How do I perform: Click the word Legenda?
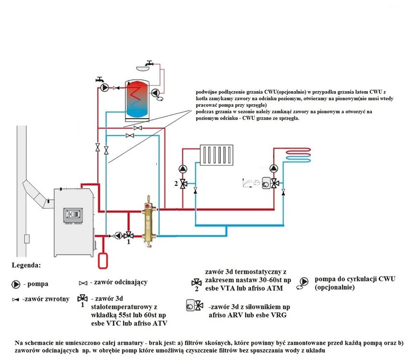pyautogui.click(x=26, y=265)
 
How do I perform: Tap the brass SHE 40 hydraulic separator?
pyautogui.click(x=149, y=222)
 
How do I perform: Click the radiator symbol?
pyautogui.click(x=216, y=155)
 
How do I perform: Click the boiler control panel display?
pyautogui.click(x=73, y=215)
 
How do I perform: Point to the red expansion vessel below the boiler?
pyautogui.click(x=103, y=261)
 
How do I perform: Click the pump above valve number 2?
pyautogui.click(x=183, y=169)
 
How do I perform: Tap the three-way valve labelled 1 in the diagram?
pyautogui.click(x=128, y=236)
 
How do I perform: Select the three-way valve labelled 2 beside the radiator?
pyautogui.click(x=184, y=184)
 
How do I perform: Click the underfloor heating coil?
pyautogui.click(x=298, y=155)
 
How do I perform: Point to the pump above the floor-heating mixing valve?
pyautogui.click(x=274, y=168)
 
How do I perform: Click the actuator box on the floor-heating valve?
pyautogui.click(x=266, y=183)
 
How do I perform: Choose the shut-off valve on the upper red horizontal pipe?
pyautogui.click(x=138, y=128)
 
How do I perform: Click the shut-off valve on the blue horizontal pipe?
pyautogui.click(x=130, y=136)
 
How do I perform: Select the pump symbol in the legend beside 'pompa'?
pyautogui.click(x=16, y=284)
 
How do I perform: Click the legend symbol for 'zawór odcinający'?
pyautogui.click(x=83, y=283)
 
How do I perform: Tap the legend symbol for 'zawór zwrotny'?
pyautogui.click(x=15, y=300)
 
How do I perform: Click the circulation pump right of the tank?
pyautogui.click(x=156, y=93)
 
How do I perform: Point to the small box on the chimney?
pyautogui.click(x=27, y=239)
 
